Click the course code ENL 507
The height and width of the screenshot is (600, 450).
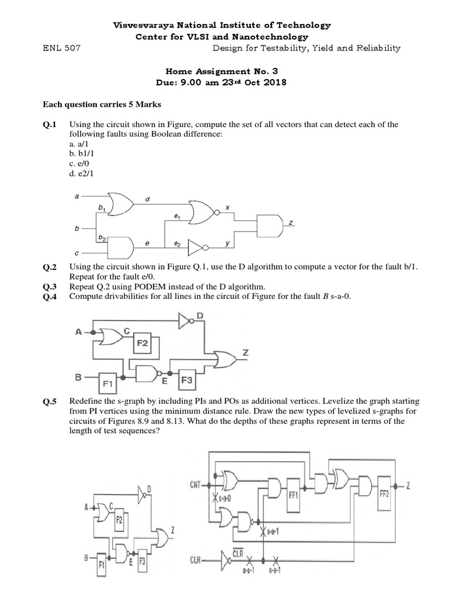62,49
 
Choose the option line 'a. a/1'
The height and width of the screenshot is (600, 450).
77,144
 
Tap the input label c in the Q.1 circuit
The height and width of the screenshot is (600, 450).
76,253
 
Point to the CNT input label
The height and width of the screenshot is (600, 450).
196,484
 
